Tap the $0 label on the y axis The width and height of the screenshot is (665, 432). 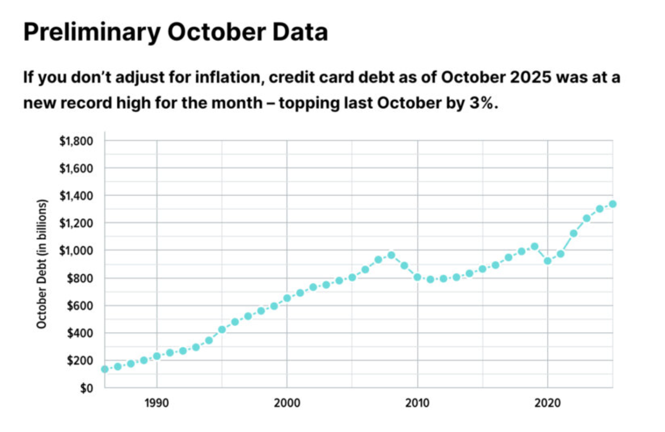pyautogui.click(x=87, y=388)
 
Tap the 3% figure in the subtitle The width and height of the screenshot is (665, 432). pyautogui.click(x=485, y=103)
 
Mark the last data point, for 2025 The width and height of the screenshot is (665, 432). pyautogui.click(x=612, y=204)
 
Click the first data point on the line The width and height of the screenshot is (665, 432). pyautogui.click(x=104, y=369)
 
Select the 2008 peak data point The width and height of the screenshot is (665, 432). pyautogui.click(x=391, y=255)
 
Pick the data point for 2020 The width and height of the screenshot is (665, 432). pyautogui.click(x=547, y=261)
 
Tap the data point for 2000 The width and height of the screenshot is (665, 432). pyautogui.click(x=287, y=298)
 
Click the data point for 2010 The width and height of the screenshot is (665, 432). pyautogui.click(x=417, y=277)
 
